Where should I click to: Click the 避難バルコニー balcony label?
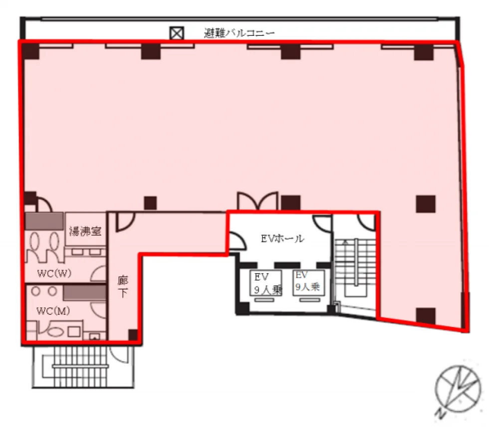tap(239, 33)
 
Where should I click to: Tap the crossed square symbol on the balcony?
tap(177, 33)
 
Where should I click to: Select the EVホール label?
tap(282, 239)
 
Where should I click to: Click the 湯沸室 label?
tap(85, 231)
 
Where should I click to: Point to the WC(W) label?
tap(54, 274)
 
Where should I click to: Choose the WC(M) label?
tap(53, 311)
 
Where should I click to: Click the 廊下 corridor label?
tap(123, 287)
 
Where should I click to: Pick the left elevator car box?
tap(266, 283)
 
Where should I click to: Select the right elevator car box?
tap(308, 283)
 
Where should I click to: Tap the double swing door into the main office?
tap(257, 201)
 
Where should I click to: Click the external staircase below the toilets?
tap(83, 367)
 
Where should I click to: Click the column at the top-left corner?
tap(30, 50)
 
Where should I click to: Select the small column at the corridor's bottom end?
tap(133, 335)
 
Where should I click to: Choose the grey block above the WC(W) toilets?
tap(44, 221)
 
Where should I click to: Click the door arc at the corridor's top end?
tap(125, 222)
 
